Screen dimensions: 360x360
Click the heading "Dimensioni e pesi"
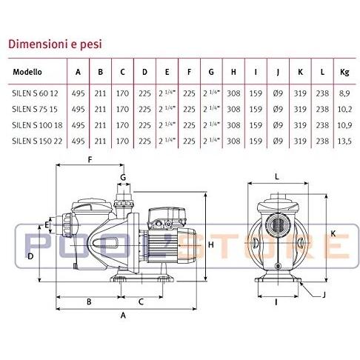tap(55, 44)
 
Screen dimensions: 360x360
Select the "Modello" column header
tap(27, 72)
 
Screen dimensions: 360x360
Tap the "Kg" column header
tap(344, 72)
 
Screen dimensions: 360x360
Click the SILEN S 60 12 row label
tap(35, 93)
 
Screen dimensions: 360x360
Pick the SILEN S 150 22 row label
tap(37, 141)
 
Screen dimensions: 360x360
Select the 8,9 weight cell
tap(344, 93)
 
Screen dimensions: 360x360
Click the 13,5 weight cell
tap(344, 141)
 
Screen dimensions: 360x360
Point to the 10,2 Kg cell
tap(344, 109)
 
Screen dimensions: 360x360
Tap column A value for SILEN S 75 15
tap(78, 109)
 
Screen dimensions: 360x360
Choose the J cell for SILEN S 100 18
tap(278, 125)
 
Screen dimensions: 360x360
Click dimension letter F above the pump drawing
tap(90, 160)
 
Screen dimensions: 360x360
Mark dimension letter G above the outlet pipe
tap(123, 177)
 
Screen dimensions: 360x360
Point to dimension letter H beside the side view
tap(211, 244)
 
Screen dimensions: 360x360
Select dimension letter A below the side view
tap(123, 316)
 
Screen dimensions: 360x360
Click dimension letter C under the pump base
tap(141, 301)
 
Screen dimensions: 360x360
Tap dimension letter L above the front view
tap(277, 176)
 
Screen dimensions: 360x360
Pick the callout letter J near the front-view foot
tap(324, 294)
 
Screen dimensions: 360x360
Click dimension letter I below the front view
tap(276, 301)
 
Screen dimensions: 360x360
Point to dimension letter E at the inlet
tap(47, 224)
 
